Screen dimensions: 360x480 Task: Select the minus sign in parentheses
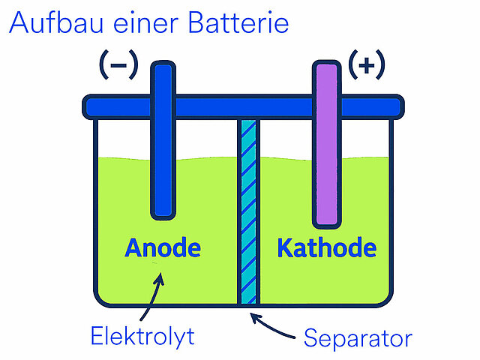pyautogui.click(x=118, y=66)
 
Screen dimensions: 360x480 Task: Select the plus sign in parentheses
pyautogui.click(x=367, y=66)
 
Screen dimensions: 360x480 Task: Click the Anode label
pyautogui.click(x=163, y=247)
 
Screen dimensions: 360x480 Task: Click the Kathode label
pyautogui.click(x=326, y=247)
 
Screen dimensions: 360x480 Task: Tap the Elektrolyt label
pyautogui.click(x=142, y=336)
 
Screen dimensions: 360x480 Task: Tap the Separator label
pyautogui.click(x=358, y=338)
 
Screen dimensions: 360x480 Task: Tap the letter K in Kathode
pyautogui.click(x=285, y=247)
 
